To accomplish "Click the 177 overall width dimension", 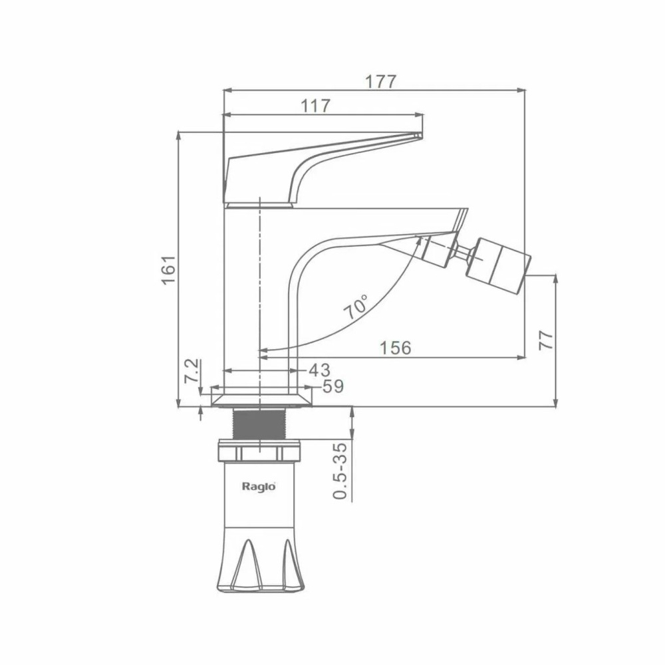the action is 380,81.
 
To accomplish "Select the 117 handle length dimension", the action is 315,106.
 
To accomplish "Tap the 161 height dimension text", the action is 169,270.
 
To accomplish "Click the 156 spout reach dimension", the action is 395,348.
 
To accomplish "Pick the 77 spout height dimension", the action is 546,340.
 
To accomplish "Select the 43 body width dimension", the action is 319,370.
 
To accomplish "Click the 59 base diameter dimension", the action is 333,386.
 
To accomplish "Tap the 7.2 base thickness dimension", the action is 192,371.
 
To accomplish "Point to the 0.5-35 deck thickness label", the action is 340,471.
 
